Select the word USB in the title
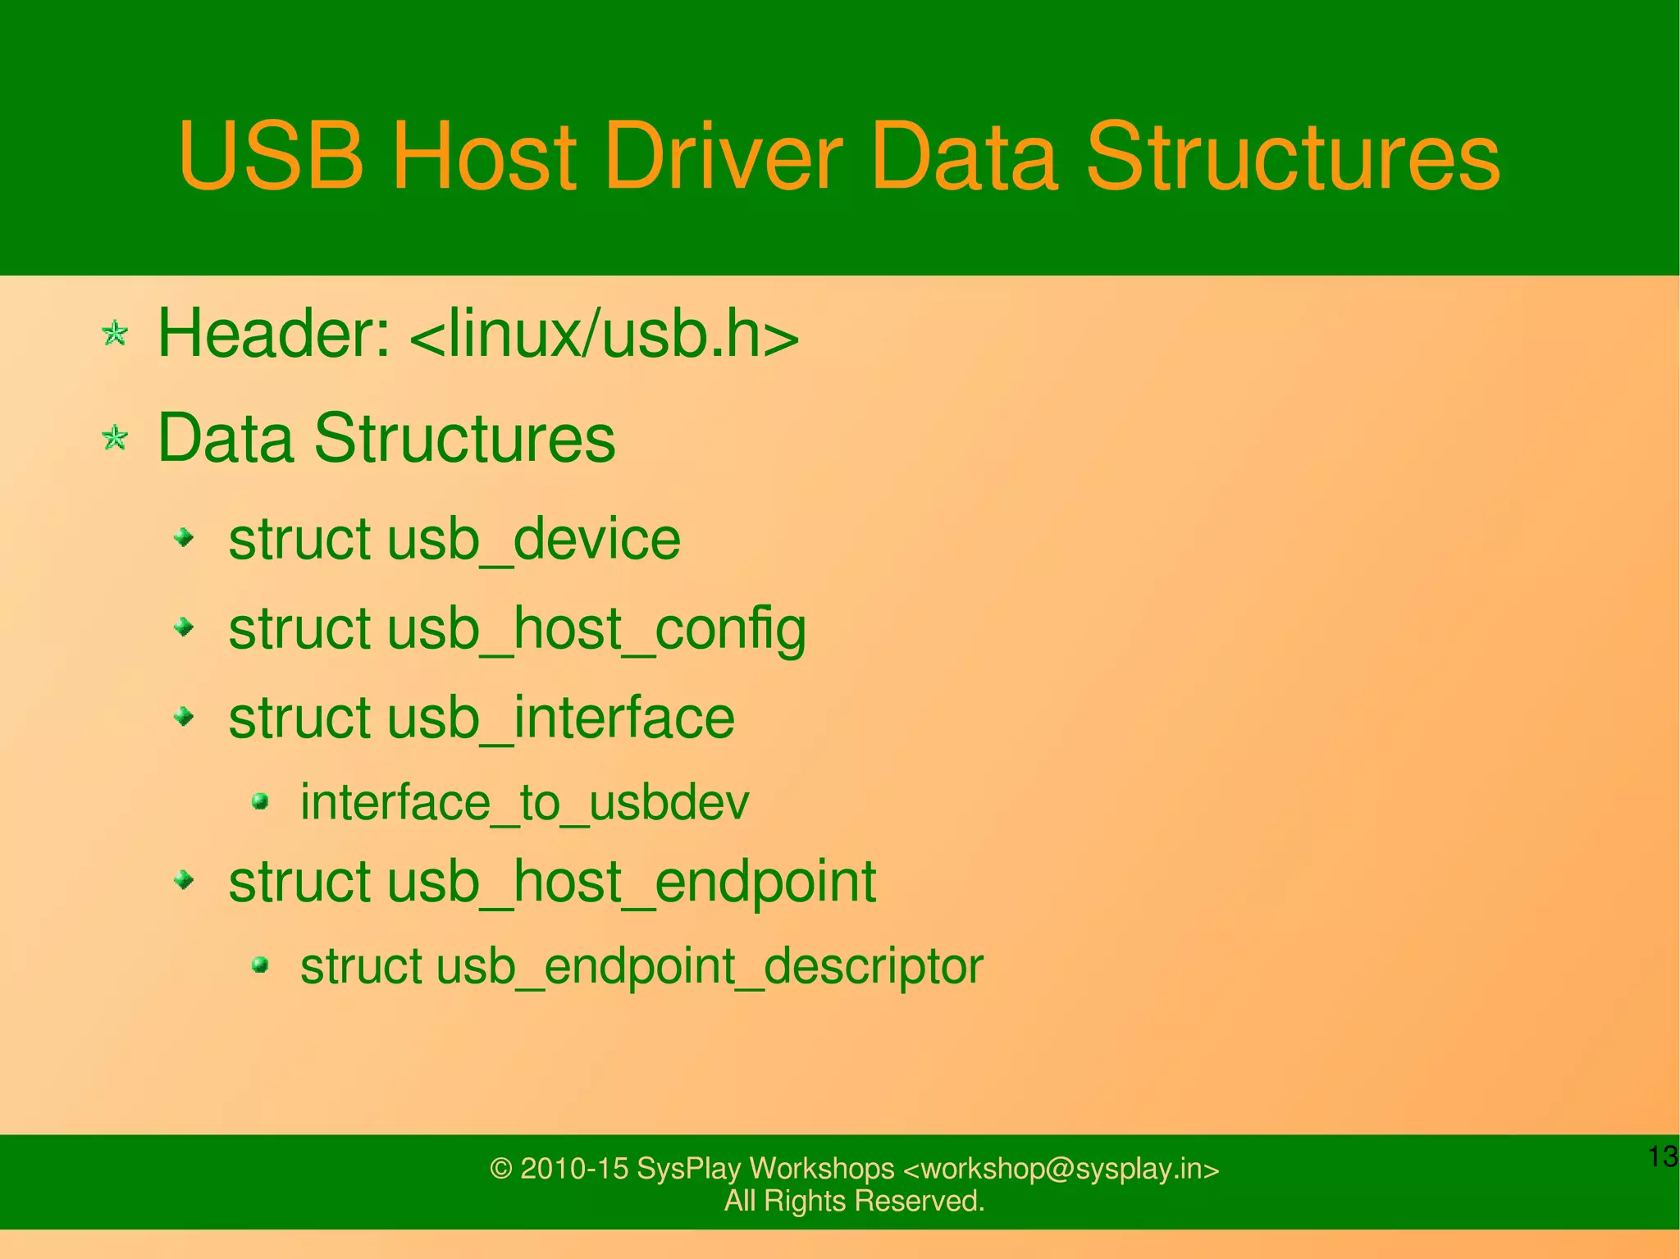coord(271,156)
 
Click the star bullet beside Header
coord(115,334)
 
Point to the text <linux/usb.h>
coord(604,334)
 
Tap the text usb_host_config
coord(596,630)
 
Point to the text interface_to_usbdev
coord(524,802)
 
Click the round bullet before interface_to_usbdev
coord(261,801)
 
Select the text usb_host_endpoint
coord(632,883)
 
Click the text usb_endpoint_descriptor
coord(710,966)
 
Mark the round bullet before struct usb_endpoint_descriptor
coord(261,965)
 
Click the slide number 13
coord(1663,1156)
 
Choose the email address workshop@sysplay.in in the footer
coord(1061,1168)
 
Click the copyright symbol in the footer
coord(500,1169)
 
